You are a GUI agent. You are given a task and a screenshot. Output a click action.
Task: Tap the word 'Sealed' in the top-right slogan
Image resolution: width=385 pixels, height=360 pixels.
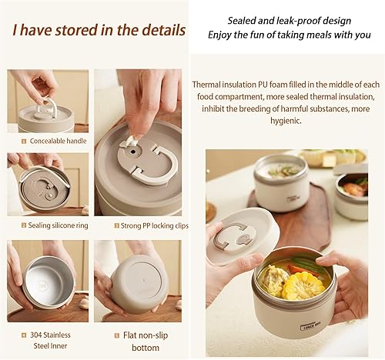[243, 21]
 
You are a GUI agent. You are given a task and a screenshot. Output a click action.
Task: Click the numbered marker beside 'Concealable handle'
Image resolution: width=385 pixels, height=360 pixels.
[24, 142]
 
